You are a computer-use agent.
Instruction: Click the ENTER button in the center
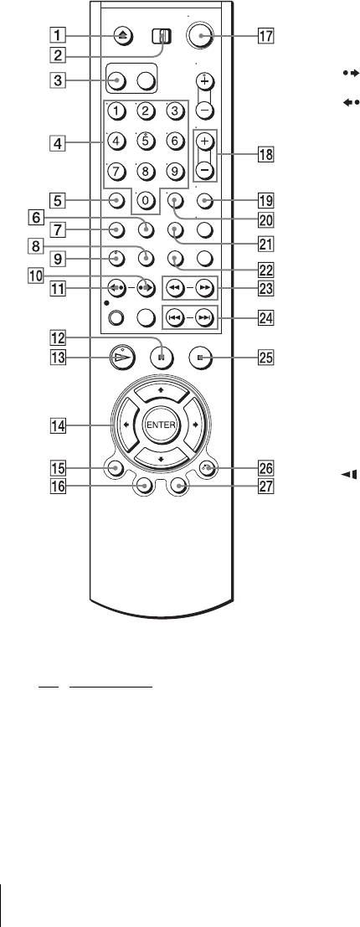(161, 425)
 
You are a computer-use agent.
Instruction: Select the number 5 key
(144, 125)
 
